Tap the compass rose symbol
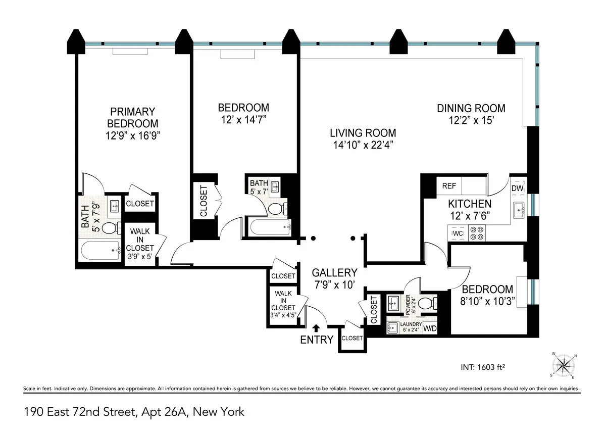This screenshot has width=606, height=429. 564,365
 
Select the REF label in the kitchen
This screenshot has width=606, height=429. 448,186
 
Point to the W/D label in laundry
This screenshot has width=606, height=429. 430,328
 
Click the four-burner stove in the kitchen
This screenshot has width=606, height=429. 476,232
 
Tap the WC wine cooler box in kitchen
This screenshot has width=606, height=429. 458,233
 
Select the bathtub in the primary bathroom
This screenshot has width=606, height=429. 100,250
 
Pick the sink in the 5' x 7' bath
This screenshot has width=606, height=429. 275,187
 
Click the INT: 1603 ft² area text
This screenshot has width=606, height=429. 479,367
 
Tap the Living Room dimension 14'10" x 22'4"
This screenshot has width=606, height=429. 363,145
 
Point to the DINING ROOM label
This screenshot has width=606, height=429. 471,108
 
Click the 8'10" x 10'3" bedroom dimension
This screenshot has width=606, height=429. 487,301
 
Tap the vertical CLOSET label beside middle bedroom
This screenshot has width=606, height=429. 204,202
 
